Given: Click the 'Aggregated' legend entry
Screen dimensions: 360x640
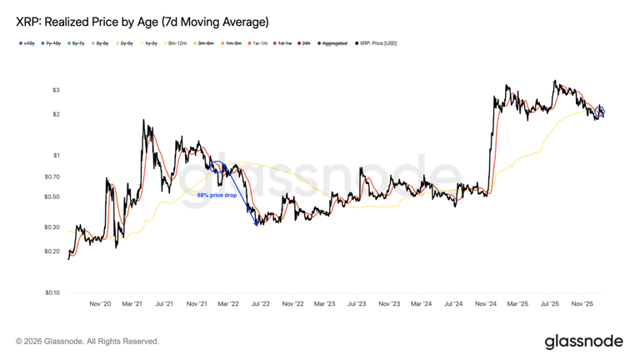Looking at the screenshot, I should tap(333, 43).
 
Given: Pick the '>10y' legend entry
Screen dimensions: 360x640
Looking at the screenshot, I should tap(27, 43).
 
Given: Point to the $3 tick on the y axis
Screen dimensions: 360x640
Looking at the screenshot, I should tap(56, 90).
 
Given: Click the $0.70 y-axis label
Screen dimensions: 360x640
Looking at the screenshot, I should tap(52, 177).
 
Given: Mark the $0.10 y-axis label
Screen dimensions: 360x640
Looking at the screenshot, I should tap(52, 292).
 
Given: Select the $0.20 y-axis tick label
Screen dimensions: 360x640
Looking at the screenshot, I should tap(52, 251).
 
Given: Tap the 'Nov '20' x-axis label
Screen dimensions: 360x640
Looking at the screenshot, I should tap(100, 304).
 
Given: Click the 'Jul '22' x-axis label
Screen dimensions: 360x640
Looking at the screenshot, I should tap(261, 304).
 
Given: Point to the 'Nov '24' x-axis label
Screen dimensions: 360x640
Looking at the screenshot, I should tap(486, 304).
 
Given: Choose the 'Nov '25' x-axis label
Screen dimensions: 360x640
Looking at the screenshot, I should tap(582, 304).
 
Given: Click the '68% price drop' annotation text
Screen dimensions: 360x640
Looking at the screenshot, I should tap(217, 195).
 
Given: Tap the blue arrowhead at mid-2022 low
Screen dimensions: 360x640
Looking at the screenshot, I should tap(256, 222).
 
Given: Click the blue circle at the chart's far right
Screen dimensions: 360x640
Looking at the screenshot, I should tap(600, 111).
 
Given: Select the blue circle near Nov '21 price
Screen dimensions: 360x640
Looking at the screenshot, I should tap(217, 168).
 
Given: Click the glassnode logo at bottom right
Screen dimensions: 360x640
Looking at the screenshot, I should tap(583, 342).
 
